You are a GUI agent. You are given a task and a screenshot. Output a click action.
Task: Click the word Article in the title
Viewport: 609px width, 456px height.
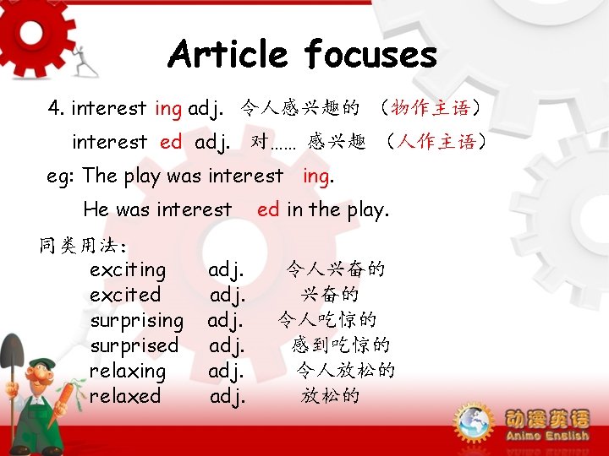pyautogui.click(x=228, y=56)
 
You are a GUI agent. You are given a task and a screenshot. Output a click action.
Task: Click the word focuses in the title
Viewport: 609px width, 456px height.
pyautogui.click(x=370, y=56)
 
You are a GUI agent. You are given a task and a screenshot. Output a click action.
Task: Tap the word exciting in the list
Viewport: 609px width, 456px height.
pyautogui.click(x=128, y=270)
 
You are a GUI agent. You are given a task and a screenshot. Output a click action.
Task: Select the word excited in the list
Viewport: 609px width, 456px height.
pyautogui.click(x=125, y=295)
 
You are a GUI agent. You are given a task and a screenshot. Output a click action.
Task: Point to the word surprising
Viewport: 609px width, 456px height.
pyautogui.click(x=136, y=321)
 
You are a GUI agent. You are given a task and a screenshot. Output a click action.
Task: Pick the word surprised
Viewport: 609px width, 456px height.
pyautogui.click(x=134, y=345)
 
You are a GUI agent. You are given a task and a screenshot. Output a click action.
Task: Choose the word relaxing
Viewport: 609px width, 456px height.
pyautogui.click(x=128, y=371)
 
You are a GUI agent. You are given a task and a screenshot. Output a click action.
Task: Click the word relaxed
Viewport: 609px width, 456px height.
pyautogui.click(x=125, y=395)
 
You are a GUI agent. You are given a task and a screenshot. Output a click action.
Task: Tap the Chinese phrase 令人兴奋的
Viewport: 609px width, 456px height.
pyautogui.click(x=336, y=269)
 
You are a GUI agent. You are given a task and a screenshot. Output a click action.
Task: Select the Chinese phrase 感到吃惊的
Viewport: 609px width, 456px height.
pyautogui.click(x=341, y=345)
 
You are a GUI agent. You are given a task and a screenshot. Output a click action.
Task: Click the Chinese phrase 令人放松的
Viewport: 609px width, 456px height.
pyautogui.click(x=345, y=370)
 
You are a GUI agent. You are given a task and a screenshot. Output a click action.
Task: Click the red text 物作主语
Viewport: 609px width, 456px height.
pyautogui.click(x=436, y=108)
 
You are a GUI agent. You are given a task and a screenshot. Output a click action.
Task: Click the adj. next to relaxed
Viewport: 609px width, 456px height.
pyautogui.click(x=228, y=395)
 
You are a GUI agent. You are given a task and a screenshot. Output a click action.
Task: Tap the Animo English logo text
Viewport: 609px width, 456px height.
pyautogui.click(x=546, y=426)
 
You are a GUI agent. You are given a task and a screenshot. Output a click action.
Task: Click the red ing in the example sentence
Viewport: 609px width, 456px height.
pyautogui.click(x=317, y=176)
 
